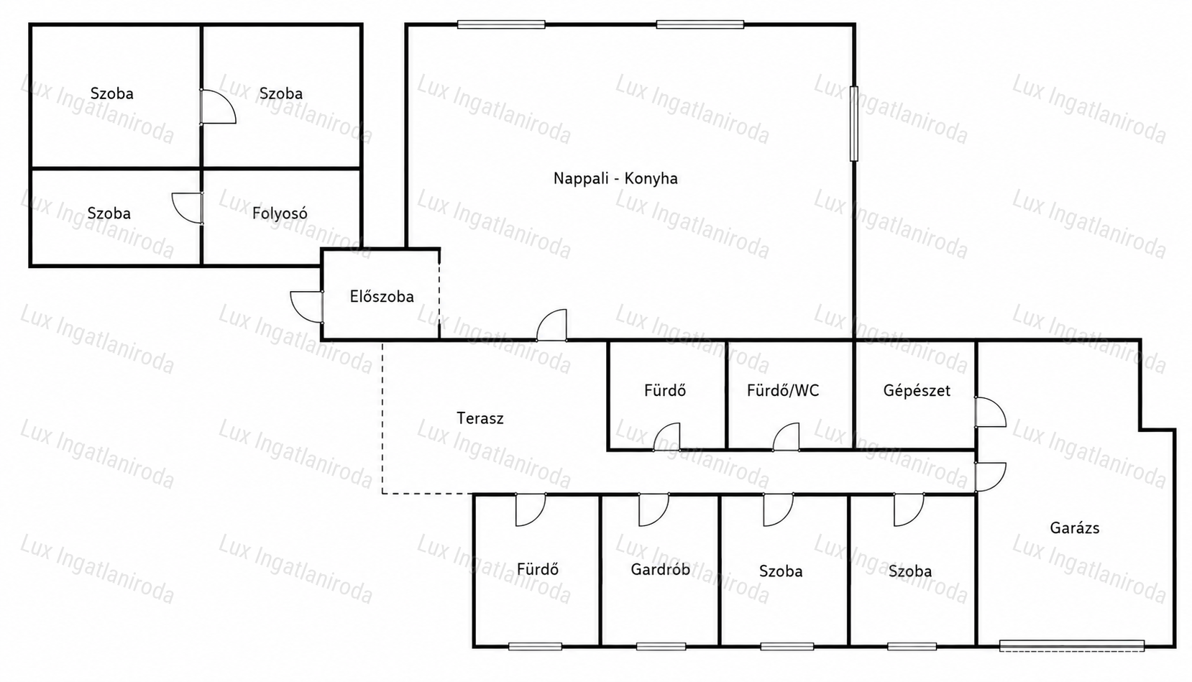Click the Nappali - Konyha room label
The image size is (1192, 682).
pyautogui.click(x=615, y=178)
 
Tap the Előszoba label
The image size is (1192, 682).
pyautogui.click(x=382, y=296)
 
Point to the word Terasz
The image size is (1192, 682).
pyautogui.click(x=480, y=418)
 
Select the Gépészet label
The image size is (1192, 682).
pyautogui.click(x=917, y=390)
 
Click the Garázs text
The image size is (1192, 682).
pyautogui.click(x=1074, y=527)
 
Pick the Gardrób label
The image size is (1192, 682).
pyautogui.click(x=661, y=570)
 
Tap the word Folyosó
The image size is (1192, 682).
pyautogui.click(x=280, y=213)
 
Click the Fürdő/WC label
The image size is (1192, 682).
pyautogui.click(x=783, y=390)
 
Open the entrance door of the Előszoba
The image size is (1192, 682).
pyautogui.click(x=307, y=307)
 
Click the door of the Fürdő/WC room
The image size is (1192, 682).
pyautogui.click(x=786, y=437)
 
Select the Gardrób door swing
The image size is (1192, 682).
pyautogui.click(x=654, y=510)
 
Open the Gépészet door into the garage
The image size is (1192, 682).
pyautogui.click(x=991, y=412)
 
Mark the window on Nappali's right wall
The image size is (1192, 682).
pyautogui.click(x=854, y=124)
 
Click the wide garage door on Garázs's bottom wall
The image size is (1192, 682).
pyautogui.click(x=1072, y=646)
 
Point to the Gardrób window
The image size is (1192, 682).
pyautogui.click(x=661, y=646)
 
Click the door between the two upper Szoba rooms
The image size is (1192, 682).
pyautogui.click(x=218, y=106)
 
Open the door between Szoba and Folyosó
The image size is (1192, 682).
pyautogui.click(x=188, y=208)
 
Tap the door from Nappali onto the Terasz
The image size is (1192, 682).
pyautogui.click(x=552, y=325)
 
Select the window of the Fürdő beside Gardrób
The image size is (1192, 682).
pyautogui.click(x=536, y=646)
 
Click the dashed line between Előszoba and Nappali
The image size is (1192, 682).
pyautogui.click(x=439, y=294)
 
